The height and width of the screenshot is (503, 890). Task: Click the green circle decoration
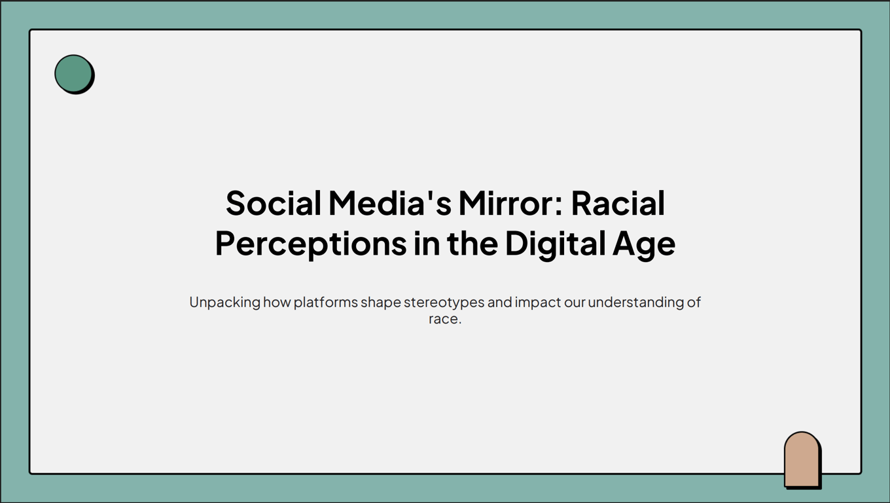coord(73,73)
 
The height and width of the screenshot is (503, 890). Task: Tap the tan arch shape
coord(802,459)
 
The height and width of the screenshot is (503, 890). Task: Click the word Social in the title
coord(274,203)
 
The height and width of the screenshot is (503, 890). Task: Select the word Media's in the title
coord(390,203)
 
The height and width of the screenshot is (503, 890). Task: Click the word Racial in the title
coord(618,203)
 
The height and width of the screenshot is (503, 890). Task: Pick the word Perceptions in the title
coord(311,244)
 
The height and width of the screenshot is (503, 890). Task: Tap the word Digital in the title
coord(555,244)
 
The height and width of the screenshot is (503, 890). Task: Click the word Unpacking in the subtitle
coord(224,303)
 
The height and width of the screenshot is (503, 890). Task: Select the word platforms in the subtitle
coord(326,303)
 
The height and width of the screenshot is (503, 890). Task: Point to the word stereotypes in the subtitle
coord(444,303)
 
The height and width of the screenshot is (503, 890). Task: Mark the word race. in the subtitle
coord(445,320)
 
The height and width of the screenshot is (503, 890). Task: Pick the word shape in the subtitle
coord(381,303)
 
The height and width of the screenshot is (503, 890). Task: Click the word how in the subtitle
coord(277,302)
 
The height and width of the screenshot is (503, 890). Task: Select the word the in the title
coord(472,244)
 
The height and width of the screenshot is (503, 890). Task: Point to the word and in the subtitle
coord(500,302)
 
